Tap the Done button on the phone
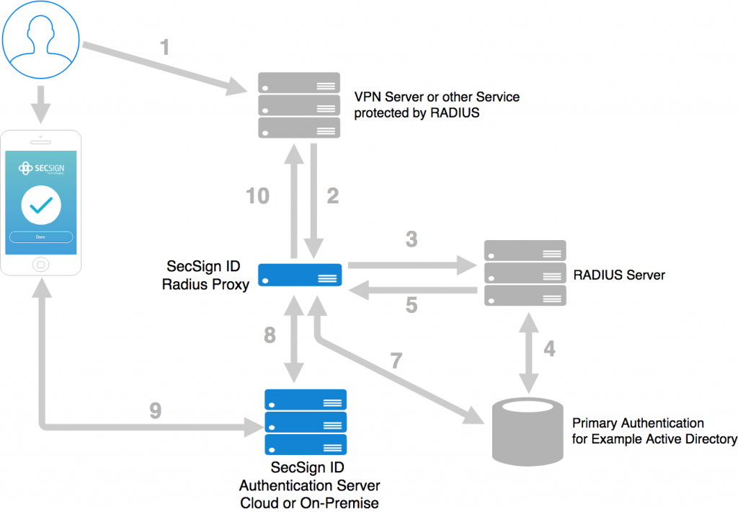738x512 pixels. (x=40, y=237)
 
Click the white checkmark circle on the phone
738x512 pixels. (x=40, y=205)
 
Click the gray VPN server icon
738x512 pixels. (x=299, y=105)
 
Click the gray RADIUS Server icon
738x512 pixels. (x=525, y=273)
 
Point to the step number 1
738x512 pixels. (x=164, y=48)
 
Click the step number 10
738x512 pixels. (x=257, y=195)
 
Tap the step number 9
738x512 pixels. (x=155, y=411)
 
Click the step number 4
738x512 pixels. (x=549, y=349)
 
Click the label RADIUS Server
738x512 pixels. (x=618, y=275)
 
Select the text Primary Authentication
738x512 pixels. (x=637, y=423)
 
